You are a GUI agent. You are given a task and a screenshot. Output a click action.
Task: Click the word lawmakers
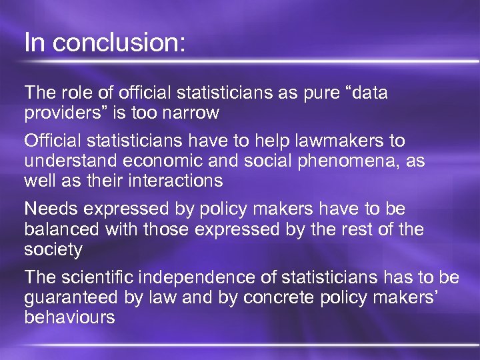pos(331,141)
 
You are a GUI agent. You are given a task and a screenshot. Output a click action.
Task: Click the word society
pos(53,249)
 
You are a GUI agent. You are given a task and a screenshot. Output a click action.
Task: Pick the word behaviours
pos(69,317)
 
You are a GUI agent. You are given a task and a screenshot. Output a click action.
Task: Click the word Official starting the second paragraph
pos(51,141)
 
